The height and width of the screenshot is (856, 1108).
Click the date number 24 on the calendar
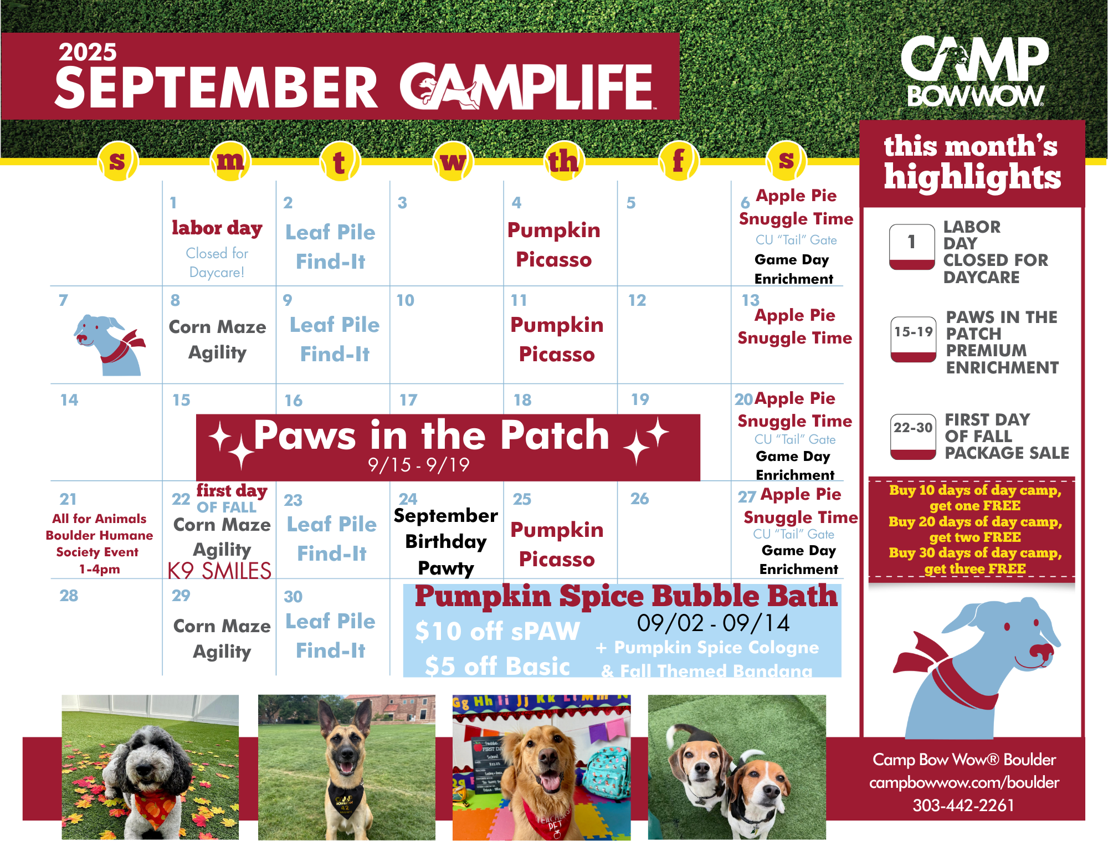pyautogui.click(x=408, y=499)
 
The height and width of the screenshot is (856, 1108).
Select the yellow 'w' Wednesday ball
pyautogui.click(x=453, y=161)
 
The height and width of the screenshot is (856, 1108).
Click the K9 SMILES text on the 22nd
pyautogui.click(x=220, y=571)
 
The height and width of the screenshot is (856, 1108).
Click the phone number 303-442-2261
pyautogui.click(x=963, y=805)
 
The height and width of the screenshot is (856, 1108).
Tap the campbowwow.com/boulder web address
pyautogui.click(x=964, y=782)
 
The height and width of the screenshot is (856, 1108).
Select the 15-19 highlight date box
pyautogui.click(x=913, y=339)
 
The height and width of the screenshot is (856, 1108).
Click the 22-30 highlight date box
pyautogui.click(x=913, y=437)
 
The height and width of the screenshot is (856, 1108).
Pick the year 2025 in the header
pyautogui.click(x=88, y=52)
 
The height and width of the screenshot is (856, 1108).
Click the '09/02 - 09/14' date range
pyautogui.click(x=713, y=623)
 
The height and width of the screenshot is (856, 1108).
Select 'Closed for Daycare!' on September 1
pyautogui.click(x=217, y=263)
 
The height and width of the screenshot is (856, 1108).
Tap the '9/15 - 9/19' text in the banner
pyautogui.click(x=419, y=464)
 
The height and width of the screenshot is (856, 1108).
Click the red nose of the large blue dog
pyautogui.click(x=1039, y=650)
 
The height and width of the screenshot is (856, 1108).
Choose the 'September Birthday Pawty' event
pyautogui.click(x=446, y=542)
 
